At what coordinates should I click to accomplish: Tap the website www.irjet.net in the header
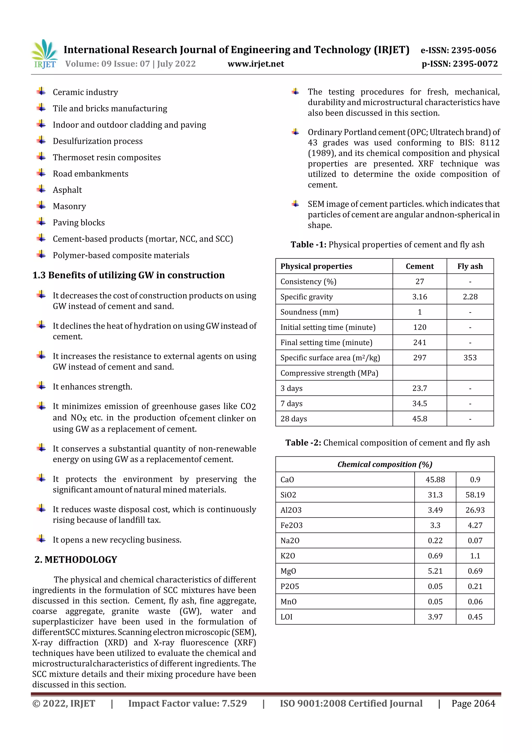(256, 64)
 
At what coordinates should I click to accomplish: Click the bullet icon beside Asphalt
(41, 189)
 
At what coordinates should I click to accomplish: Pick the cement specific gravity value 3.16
(419, 297)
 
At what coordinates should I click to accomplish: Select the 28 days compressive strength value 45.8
(419, 418)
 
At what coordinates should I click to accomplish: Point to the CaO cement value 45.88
(435, 480)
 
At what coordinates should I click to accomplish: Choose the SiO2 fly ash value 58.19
(475, 495)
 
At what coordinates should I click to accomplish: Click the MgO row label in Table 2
(288, 571)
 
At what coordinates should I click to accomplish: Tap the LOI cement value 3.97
(435, 617)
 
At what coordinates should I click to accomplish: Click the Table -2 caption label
(303, 443)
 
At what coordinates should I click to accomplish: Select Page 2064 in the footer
(473, 703)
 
